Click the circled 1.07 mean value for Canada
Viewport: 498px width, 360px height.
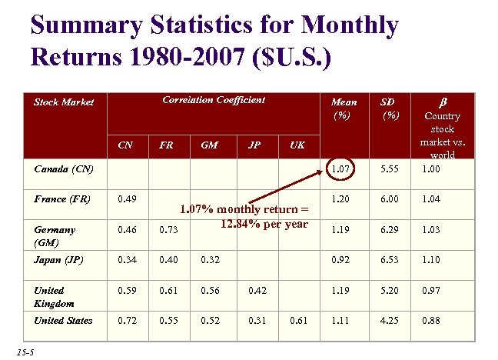point(339,167)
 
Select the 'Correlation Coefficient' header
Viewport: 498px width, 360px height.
point(214,100)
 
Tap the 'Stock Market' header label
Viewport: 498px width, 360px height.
point(64,102)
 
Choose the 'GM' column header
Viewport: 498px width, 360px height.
point(207,144)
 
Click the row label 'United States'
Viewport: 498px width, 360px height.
point(63,321)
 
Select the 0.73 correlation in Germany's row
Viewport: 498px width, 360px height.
point(168,229)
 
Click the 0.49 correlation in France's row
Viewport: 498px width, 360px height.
point(127,198)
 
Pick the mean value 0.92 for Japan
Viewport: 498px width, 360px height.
point(339,260)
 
